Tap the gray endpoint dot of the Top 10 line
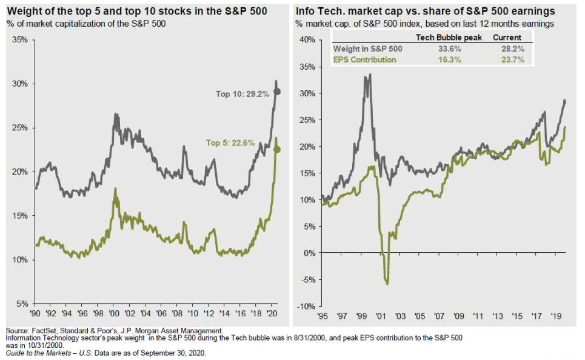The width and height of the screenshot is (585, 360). [x=278, y=92]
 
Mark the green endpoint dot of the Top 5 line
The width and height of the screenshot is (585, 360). [x=278, y=150]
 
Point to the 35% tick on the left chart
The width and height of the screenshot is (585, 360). [x=20, y=40]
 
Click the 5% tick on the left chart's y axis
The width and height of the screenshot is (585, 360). [x=22, y=304]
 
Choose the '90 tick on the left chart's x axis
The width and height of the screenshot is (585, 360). [x=36, y=315]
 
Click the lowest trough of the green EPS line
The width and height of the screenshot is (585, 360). [x=387, y=283]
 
